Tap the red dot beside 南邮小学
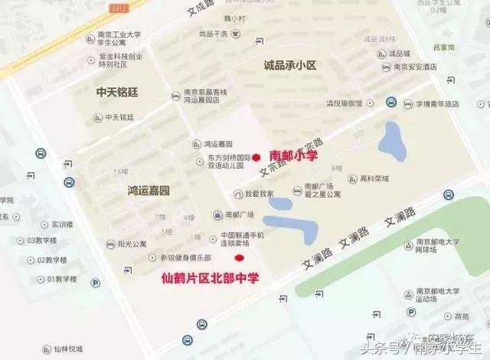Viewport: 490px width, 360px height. pos(256,158)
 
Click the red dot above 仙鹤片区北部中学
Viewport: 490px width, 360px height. pos(239,257)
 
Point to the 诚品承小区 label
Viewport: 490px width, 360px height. pos(289,66)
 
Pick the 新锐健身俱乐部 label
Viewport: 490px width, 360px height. pos(185,258)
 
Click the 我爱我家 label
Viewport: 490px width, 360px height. pos(259,194)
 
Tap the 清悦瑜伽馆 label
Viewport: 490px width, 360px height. pos(349,103)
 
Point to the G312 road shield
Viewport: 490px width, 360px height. pos(118,7)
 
